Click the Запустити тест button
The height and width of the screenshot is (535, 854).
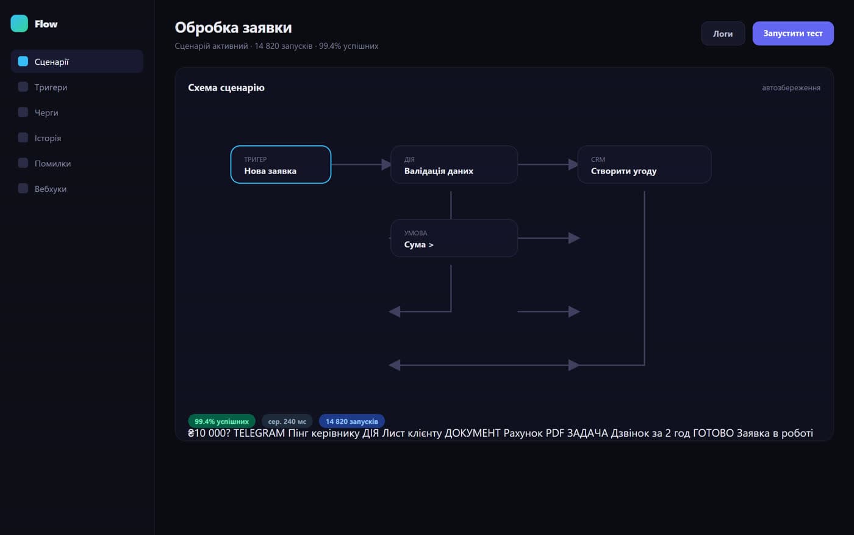tap(792, 34)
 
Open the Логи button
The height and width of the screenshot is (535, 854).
tap(723, 34)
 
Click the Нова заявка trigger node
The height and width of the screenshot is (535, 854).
tap(281, 164)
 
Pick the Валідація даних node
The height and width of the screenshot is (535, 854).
tap(454, 164)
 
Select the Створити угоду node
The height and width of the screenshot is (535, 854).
tap(644, 164)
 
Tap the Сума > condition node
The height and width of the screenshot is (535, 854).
tap(454, 238)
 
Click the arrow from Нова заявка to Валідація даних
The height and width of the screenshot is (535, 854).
tap(361, 164)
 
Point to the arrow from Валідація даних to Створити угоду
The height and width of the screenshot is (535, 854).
tap(548, 164)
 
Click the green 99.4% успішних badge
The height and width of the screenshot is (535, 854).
tap(221, 421)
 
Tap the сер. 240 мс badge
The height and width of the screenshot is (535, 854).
tap(287, 421)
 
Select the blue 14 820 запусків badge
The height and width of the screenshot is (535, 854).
tap(351, 421)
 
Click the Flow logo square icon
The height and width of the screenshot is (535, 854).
tap(19, 24)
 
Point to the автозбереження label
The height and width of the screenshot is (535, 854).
tap(791, 88)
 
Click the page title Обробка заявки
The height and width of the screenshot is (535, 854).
tap(233, 27)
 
